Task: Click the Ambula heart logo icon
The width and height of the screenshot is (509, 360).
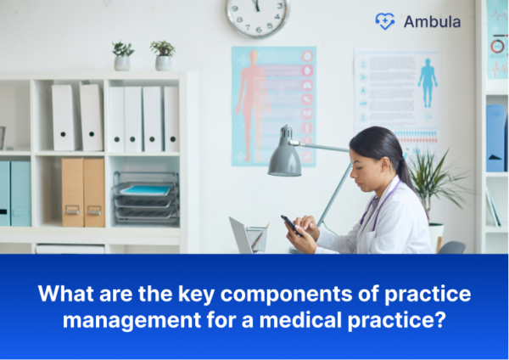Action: (384, 21)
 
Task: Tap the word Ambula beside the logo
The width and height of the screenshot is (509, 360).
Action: (433, 22)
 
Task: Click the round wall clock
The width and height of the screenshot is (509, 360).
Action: (258, 16)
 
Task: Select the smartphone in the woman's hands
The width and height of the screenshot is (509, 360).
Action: (291, 225)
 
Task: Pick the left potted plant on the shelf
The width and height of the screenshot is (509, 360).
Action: (123, 55)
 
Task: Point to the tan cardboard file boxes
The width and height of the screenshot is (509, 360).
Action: (83, 191)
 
